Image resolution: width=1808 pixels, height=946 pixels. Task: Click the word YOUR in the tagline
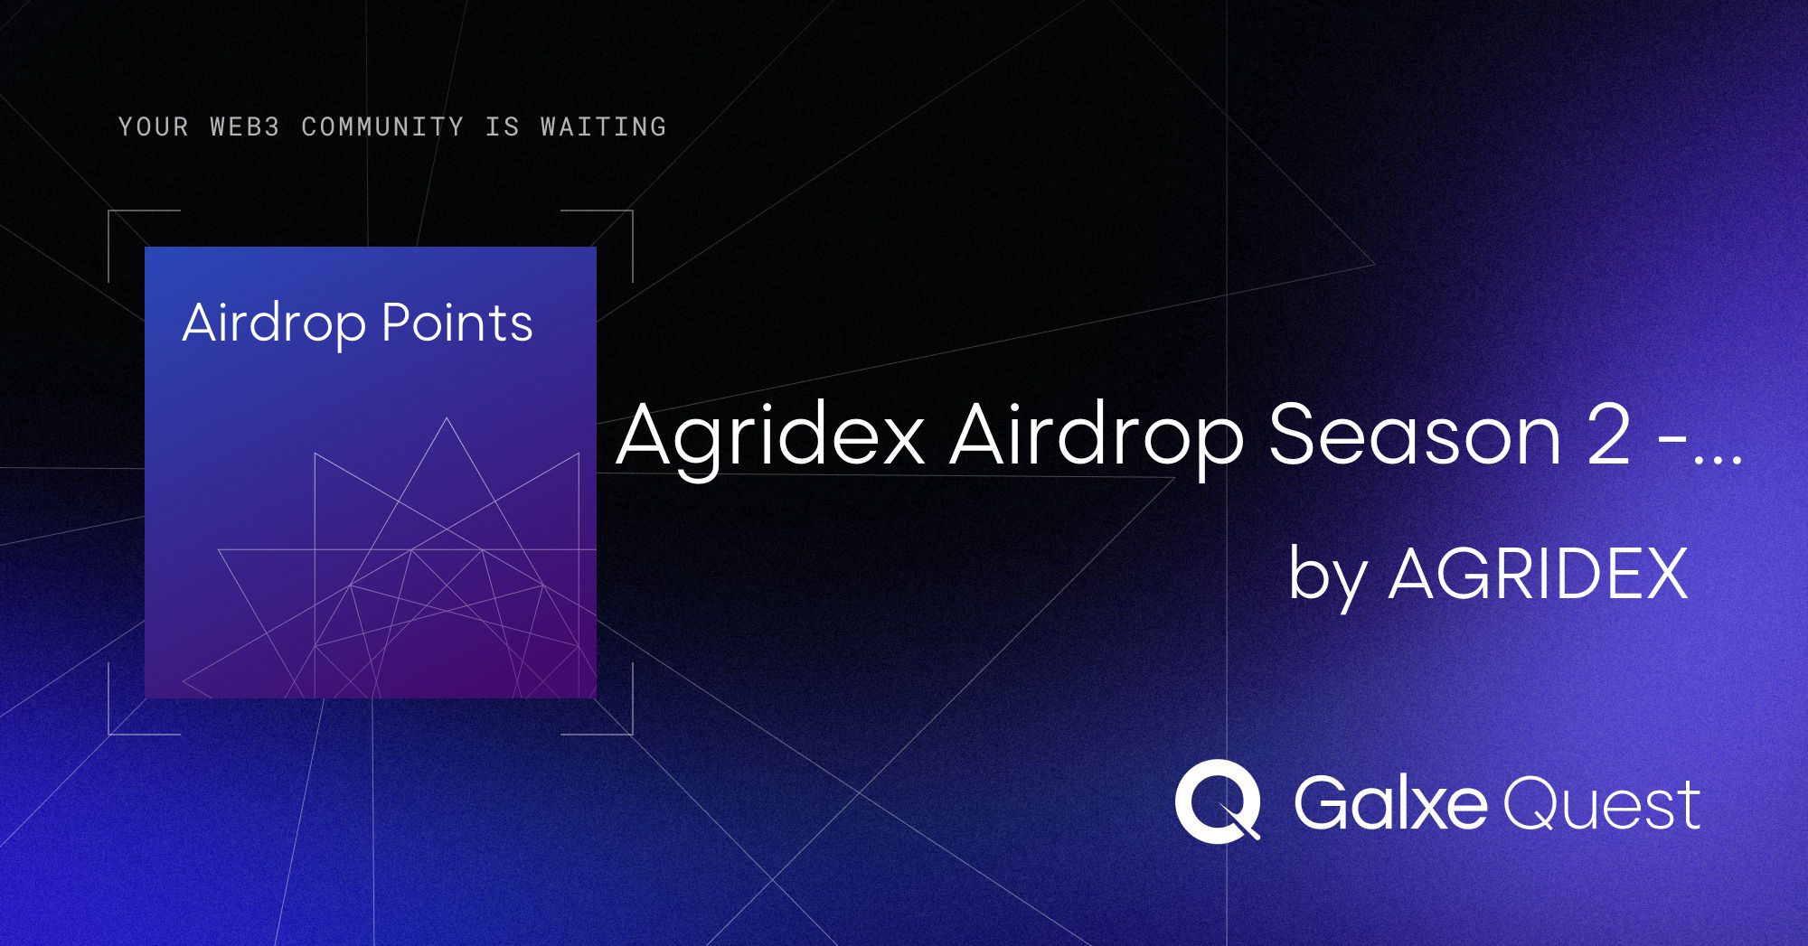click(x=154, y=126)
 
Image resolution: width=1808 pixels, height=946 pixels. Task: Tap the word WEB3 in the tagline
click(x=245, y=126)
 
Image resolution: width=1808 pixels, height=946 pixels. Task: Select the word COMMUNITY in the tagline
click(x=382, y=126)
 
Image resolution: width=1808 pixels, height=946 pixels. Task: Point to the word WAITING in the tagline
click(x=604, y=126)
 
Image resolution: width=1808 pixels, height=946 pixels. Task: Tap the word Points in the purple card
click(x=457, y=323)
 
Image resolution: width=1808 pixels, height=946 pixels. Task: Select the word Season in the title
click(x=1416, y=436)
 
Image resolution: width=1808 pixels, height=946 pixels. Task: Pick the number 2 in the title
click(x=1609, y=436)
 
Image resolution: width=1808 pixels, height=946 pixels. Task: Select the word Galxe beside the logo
click(x=1390, y=802)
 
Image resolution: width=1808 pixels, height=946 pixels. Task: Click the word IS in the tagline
click(x=503, y=126)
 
